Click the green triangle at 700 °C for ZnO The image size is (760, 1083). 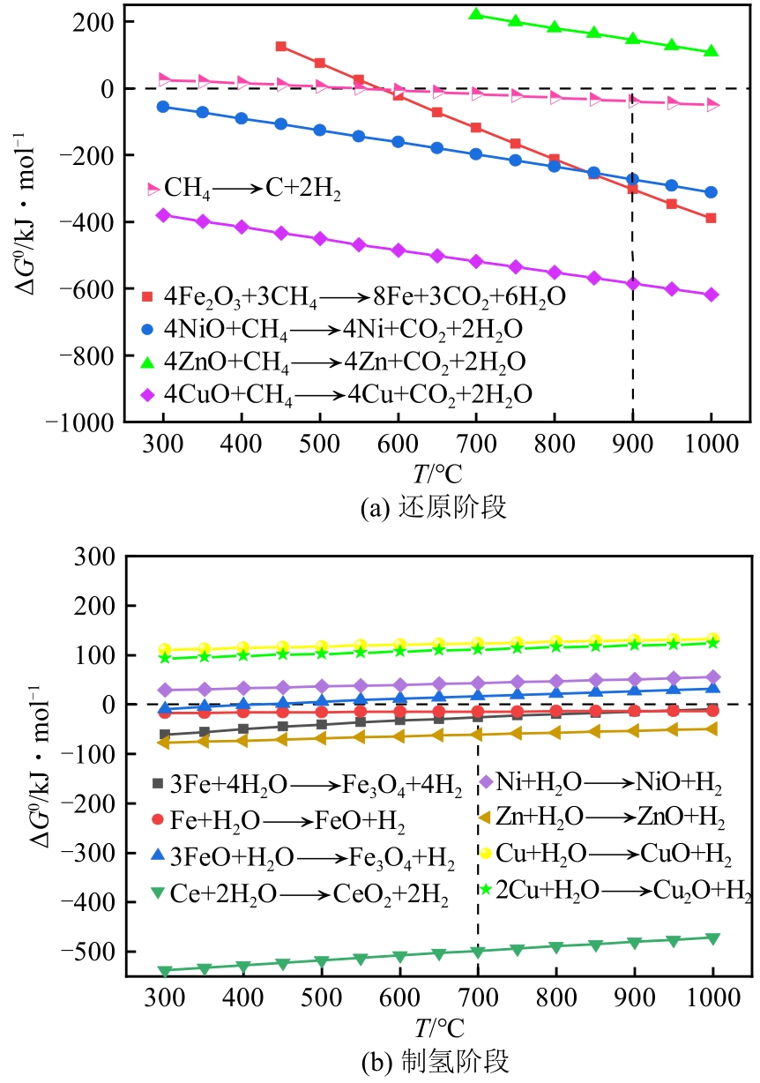pos(476,14)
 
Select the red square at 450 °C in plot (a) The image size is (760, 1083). pos(281,46)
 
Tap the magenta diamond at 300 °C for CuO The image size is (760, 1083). pos(162,215)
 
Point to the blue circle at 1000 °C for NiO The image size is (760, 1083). pos(711,192)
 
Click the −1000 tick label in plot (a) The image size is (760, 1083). pos(86,422)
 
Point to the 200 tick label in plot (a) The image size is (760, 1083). pos(100,21)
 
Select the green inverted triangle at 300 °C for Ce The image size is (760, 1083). pos(162,971)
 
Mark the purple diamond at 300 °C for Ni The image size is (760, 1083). pos(162,690)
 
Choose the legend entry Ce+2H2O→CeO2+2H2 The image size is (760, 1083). pos(300,894)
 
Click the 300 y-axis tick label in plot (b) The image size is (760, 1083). pos(100,556)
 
